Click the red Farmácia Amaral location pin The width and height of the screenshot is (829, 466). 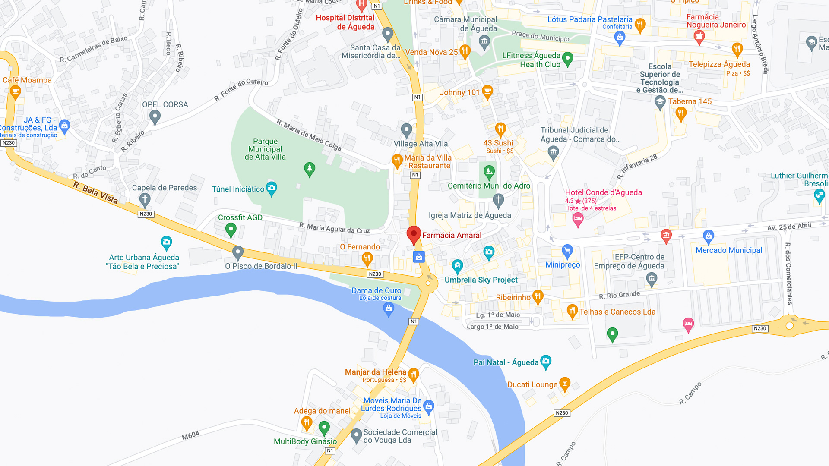click(414, 235)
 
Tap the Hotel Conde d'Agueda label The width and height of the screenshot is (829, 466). click(603, 192)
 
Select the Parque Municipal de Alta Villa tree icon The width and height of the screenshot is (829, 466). click(310, 169)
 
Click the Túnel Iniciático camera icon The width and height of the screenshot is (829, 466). click(272, 188)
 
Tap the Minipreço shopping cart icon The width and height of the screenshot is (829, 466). click(567, 251)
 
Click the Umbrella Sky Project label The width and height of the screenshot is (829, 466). click(481, 280)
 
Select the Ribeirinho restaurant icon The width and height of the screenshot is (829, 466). click(538, 296)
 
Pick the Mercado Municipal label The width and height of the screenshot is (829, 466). click(729, 250)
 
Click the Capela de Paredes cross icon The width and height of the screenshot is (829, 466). click(145, 200)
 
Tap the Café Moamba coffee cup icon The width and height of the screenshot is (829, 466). click(16, 91)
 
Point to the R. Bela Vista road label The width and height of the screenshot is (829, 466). click(95, 192)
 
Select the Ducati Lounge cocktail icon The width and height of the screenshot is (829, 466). click(565, 383)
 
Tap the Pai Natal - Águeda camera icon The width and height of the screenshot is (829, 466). click(546, 361)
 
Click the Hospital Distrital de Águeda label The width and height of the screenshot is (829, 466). click(345, 22)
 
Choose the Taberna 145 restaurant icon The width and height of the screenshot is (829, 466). click(681, 114)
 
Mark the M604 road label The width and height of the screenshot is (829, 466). click(191, 436)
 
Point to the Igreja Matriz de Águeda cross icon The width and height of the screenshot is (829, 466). click(498, 200)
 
